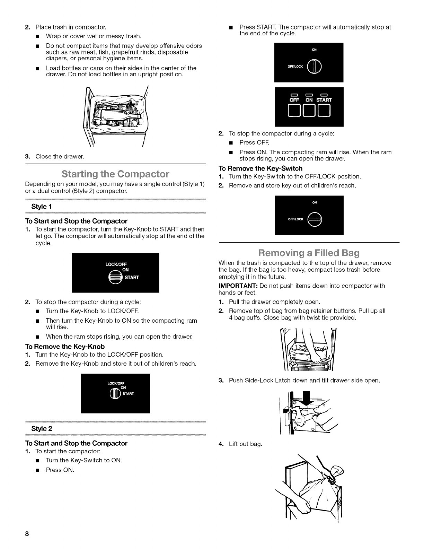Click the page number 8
[x=26, y=534]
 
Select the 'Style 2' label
[x=42, y=428]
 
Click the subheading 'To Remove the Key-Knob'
[x=65, y=346]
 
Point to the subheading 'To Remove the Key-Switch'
[x=260, y=168]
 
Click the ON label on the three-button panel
[x=309, y=100]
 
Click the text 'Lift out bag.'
[x=245, y=444]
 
